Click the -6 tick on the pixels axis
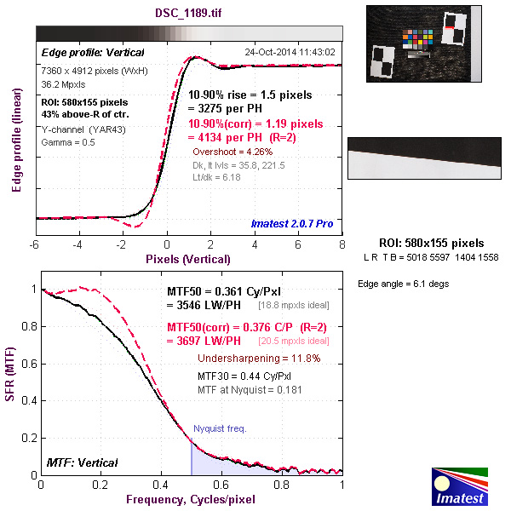pyautogui.click(x=35, y=244)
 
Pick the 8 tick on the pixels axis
pyautogui.click(x=342, y=244)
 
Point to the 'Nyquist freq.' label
pyautogui.click(x=220, y=428)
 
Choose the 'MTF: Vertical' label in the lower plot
pyautogui.click(x=83, y=462)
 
